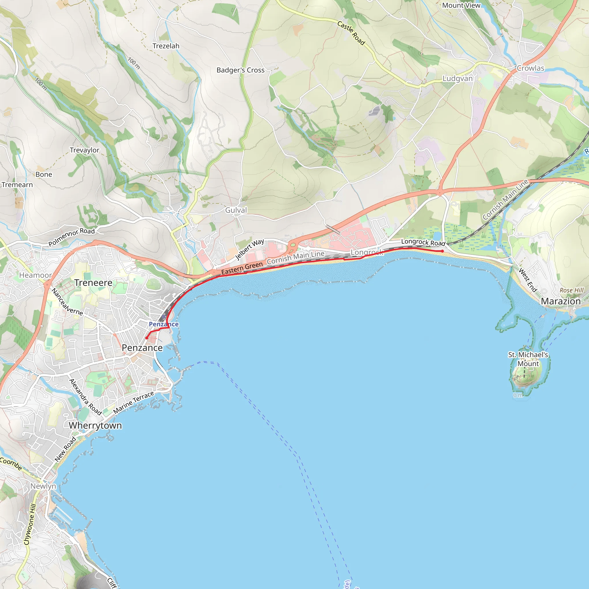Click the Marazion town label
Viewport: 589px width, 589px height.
pos(561,301)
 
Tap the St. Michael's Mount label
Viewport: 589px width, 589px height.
pos(528,359)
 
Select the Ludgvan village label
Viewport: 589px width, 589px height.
pos(457,79)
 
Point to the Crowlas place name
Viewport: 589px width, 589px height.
pos(530,68)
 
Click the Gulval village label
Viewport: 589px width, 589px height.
pos(236,210)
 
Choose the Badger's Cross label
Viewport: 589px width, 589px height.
pos(240,70)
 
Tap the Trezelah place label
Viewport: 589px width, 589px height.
pos(166,46)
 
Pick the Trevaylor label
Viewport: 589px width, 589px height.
pos(85,150)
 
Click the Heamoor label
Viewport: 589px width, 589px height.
pos(35,275)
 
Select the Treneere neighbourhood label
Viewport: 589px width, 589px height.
pos(93,283)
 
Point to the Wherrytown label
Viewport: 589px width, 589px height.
pos(95,426)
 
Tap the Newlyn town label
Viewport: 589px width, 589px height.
pos(43,486)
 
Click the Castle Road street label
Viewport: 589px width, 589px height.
pos(351,33)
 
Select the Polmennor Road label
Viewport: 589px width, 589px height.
pos(72,237)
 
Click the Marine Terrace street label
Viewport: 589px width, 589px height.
pos(133,402)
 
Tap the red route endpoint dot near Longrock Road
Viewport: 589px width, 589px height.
pos(442,251)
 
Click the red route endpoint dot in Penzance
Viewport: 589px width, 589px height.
pos(147,338)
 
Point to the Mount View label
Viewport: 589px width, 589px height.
pos(461,5)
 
